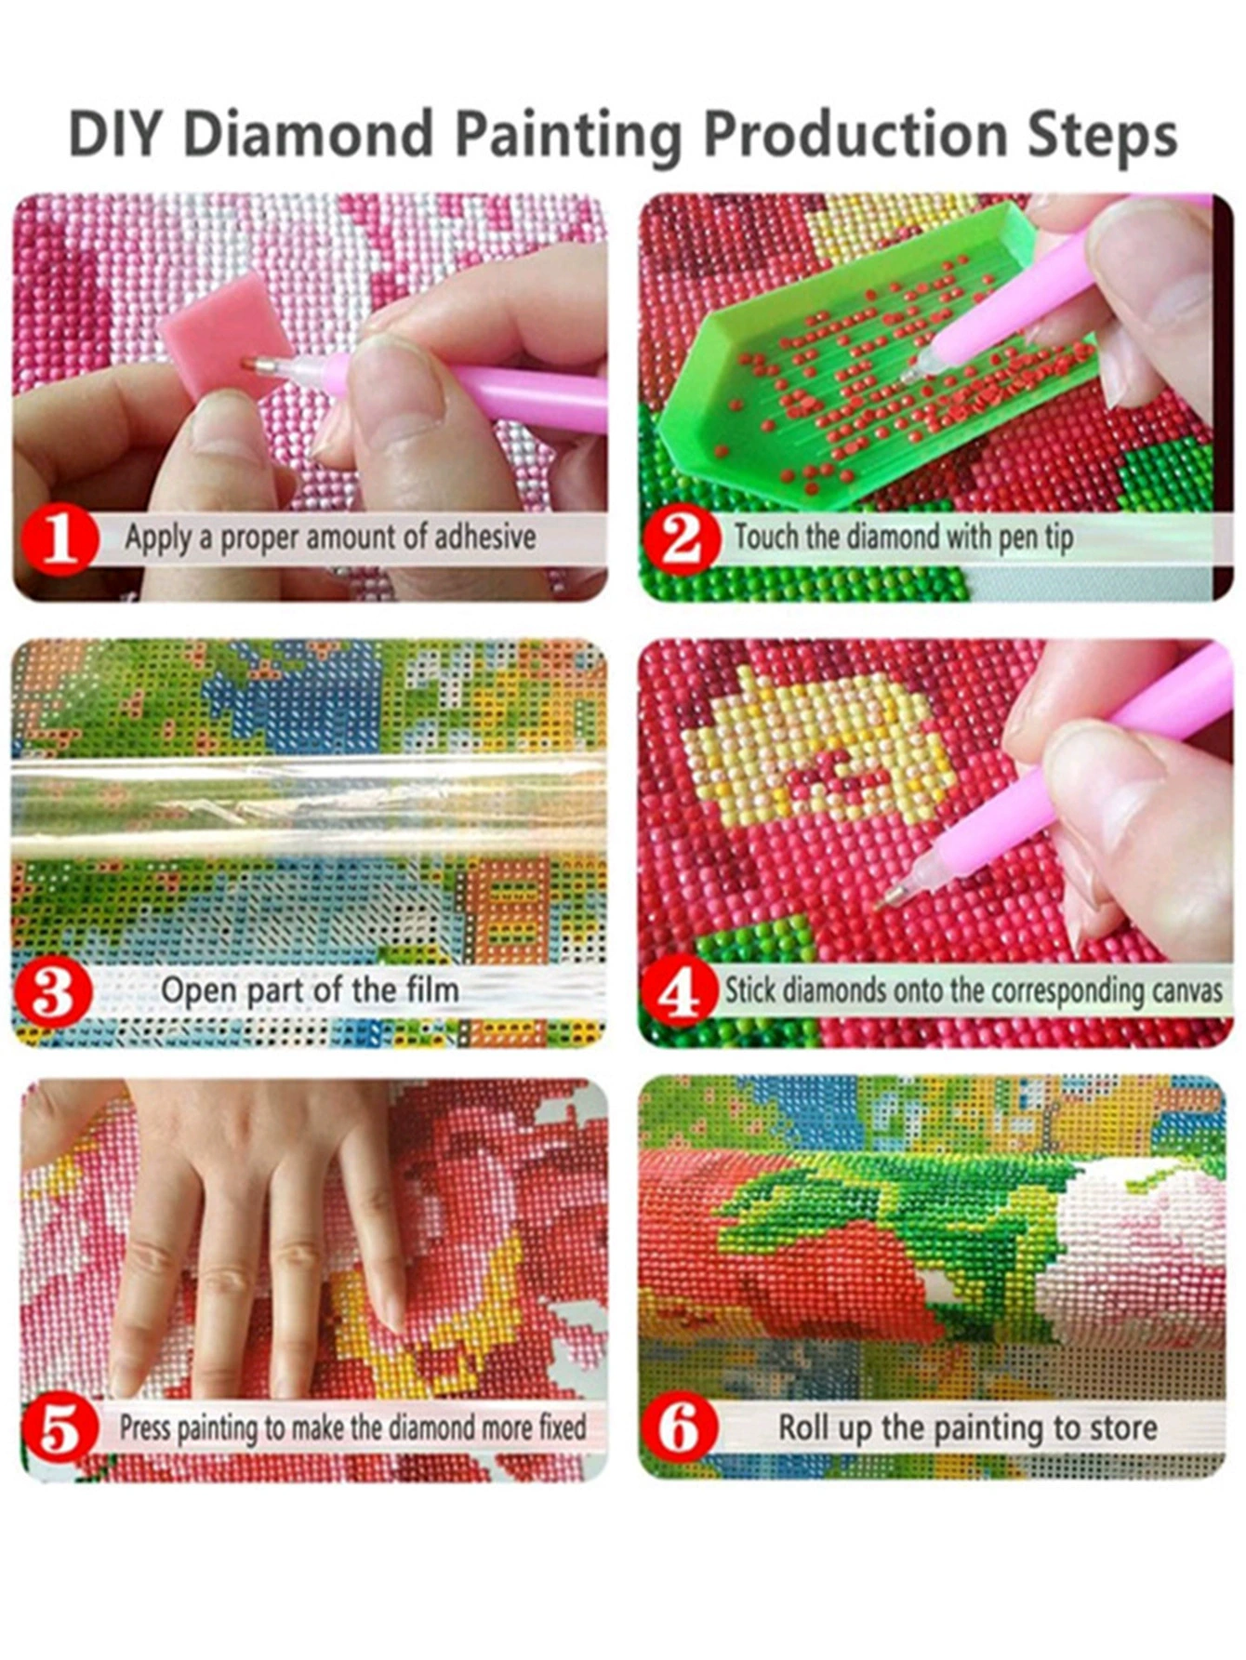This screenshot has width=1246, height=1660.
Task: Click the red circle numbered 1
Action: point(60,538)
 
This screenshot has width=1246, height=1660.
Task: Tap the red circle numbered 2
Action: point(682,538)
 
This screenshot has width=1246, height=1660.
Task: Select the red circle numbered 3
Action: point(52,991)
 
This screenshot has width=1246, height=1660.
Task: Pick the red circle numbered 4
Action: point(681,992)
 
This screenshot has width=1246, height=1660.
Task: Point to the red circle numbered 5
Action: point(60,1429)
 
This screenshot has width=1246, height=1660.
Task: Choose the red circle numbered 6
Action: point(681,1428)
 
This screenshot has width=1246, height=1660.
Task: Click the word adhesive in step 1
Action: point(485,537)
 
